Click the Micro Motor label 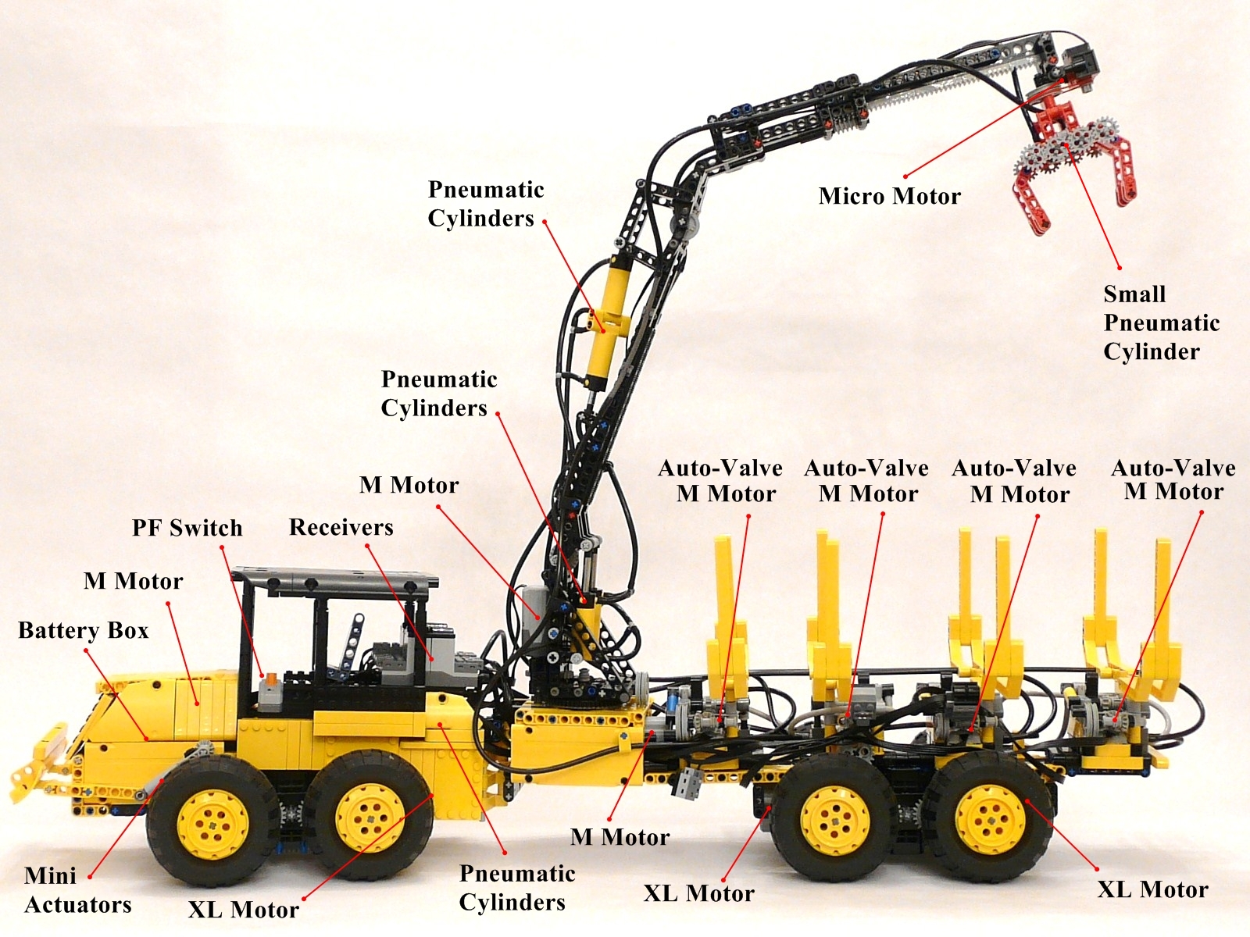pyautogui.click(x=890, y=196)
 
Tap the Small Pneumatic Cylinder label pyautogui.click(x=1161, y=322)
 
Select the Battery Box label pyautogui.click(x=83, y=630)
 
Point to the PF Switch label pyautogui.click(x=187, y=528)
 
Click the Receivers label pyautogui.click(x=341, y=527)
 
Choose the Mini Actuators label pyautogui.click(x=77, y=890)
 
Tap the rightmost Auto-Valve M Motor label pyautogui.click(x=1173, y=479)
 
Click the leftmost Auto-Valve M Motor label pyautogui.click(x=720, y=481)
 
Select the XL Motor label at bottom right pyautogui.click(x=1153, y=890)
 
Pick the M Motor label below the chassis pyautogui.click(x=620, y=837)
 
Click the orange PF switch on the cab pyautogui.click(x=270, y=678)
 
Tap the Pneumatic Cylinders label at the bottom pyautogui.click(x=517, y=888)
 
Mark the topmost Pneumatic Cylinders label pyautogui.click(x=486, y=205)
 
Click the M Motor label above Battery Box pyautogui.click(x=134, y=582)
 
